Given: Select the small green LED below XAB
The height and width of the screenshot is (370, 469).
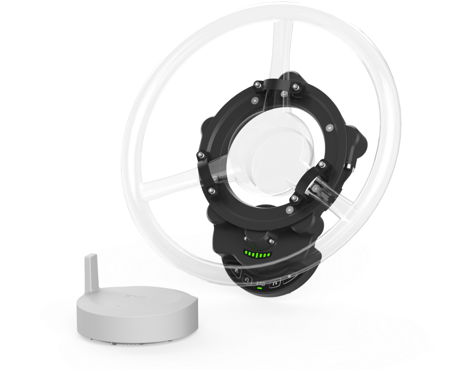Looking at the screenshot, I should click(x=260, y=288).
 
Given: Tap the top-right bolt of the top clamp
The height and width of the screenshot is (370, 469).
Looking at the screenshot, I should click(x=295, y=86).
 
